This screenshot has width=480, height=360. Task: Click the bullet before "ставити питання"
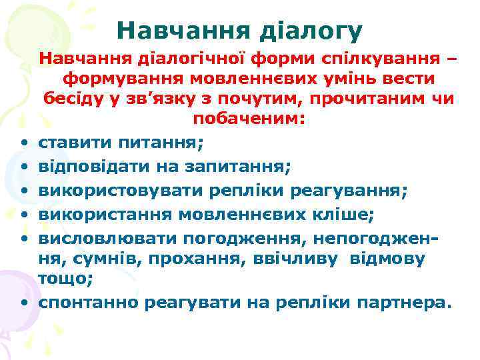pos(23,143)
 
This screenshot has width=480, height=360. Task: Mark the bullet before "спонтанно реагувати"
pos(23,304)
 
